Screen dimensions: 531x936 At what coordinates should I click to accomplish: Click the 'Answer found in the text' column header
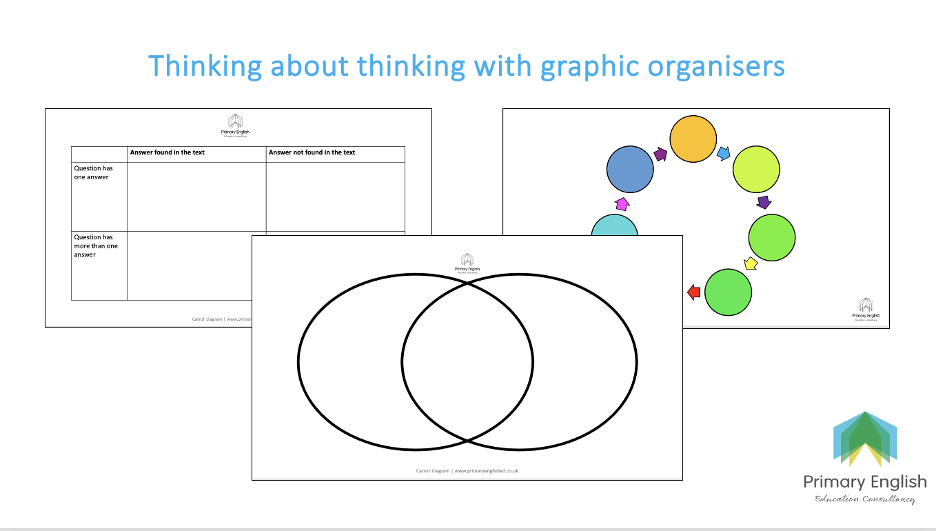pos(167,152)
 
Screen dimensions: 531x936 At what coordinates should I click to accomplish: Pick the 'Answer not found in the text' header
pos(312,152)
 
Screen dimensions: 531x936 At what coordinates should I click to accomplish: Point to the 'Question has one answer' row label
pos(94,172)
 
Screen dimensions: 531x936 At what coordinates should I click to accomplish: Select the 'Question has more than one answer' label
pos(96,246)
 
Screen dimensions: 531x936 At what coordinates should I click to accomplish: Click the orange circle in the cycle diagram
pos(694,139)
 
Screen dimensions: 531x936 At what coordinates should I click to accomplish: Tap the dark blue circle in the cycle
pos(630,170)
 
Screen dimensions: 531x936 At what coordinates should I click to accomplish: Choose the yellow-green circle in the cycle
pos(756,169)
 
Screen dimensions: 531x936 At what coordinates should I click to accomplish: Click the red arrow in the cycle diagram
pos(694,292)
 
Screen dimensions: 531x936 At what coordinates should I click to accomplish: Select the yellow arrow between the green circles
pos(751,263)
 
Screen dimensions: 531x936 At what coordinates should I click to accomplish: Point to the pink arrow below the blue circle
pos(622,203)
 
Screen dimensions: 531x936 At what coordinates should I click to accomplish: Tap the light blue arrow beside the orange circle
pos(724,153)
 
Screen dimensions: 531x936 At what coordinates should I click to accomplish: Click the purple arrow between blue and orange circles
pos(661,155)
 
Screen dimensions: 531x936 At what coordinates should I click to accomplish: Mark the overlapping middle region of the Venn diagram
pos(467,361)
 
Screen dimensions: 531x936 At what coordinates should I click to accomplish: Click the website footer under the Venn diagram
pos(467,471)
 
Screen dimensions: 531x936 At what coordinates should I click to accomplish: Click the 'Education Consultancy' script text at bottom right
pos(865,499)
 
